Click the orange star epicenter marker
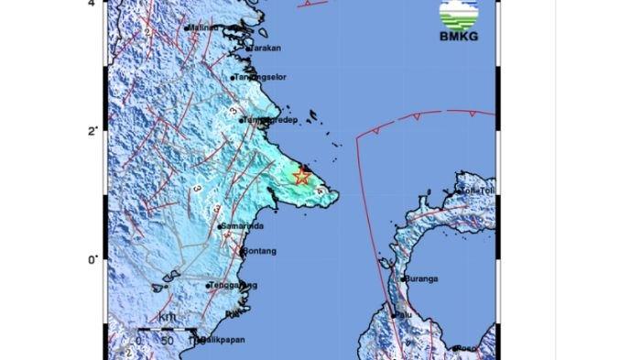(301, 176)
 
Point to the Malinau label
(202, 28)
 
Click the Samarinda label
(244, 225)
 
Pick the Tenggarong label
(233, 286)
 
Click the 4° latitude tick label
(92, 5)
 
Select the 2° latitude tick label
(92, 131)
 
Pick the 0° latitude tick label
(92, 260)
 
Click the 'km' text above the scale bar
(166, 318)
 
